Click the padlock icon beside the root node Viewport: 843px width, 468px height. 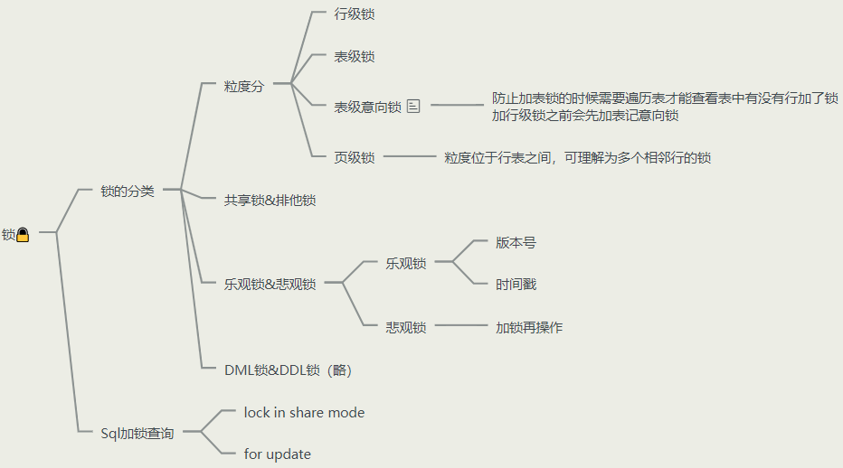pyautogui.click(x=23, y=235)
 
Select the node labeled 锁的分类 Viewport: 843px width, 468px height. pyautogui.click(x=128, y=191)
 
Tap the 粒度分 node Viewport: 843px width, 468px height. pyautogui.click(x=244, y=87)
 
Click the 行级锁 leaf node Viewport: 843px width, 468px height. pyautogui.click(x=355, y=14)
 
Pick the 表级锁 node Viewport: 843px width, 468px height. pyautogui.click(x=355, y=56)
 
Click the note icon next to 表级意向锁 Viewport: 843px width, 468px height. pyautogui.click(x=414, y=107)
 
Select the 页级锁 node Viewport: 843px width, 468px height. pyautogui.click(x=355, y=157)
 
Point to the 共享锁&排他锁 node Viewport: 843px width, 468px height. pyautogui.click(x=270, y=200)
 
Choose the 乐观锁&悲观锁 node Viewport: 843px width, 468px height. pyautogui.click(x=270, y=284)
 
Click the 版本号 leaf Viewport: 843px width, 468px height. pyautogui.click(x=516, y=242)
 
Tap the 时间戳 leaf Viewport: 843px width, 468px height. pyautogui.click(x=516, y=284)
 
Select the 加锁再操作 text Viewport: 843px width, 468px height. pyautogui.click(x=529, y=327)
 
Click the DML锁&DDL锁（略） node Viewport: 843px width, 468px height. pyautogui.click(x=288, y=370)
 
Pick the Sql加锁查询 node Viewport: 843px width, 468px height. pyautogui.click(x=137, y=433)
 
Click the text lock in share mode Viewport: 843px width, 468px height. pyautogui.click(x=304, y=412)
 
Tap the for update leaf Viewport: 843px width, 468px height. pyautogui.click(x=277, y=454)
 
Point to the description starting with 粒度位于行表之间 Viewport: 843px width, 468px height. pyautogui.click(x=577, y=157)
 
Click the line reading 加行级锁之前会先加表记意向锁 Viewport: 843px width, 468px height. pyautogui.click(x=585, y=115)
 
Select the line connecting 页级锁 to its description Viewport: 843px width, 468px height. pyautogui.click(x=409, y=157)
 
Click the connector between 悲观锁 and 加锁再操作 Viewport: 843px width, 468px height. pyautogui.click(x=460, y=326)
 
